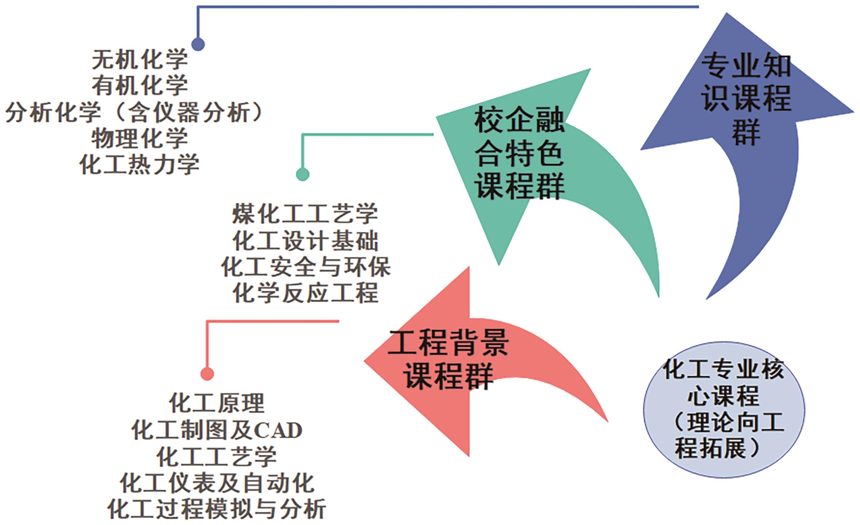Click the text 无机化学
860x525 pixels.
(x=140, y=60)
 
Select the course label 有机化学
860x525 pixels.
(x=140, y=86)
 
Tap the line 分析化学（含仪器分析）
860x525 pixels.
(x=134, y=112)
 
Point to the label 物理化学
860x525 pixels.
(x=140, y=138)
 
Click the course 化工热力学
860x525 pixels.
(x=140, y=165)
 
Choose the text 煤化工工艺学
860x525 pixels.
(x=305, y=214)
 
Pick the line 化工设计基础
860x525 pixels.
(x=305, y=240)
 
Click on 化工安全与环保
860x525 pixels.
(x=305, y=267)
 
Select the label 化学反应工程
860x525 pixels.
(x=305, y=293)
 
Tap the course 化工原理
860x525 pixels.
(x=217, y=403)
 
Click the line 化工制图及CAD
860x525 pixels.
(x=217, y=430)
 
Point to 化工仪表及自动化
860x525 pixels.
(x=217, y=483)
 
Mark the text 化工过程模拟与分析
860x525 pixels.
(x=217, y=509)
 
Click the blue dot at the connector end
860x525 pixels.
(x=198, y=44)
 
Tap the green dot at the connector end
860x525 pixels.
(x=303, y=174)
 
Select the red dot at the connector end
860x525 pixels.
(x=207, y=374)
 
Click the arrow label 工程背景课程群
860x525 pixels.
(x=448, y=359)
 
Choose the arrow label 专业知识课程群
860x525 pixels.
(x=746, y=99)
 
